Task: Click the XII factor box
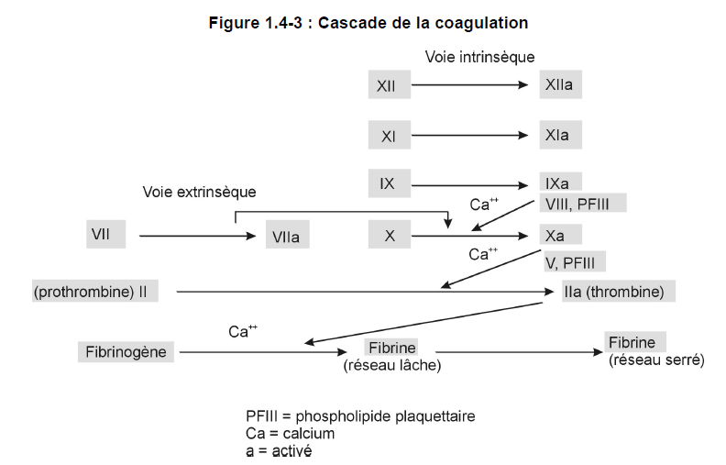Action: click(x=390, y=84)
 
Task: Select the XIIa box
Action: click(x=561, y=84)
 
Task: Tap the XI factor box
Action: click(x=390, y=135)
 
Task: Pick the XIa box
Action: click(x=561, y=135)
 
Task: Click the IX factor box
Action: click(x=390, y=183)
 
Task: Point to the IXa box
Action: click(x=561, y=183)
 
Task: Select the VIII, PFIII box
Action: click(x=583, y=203)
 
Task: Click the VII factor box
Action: click(x=106, y=235)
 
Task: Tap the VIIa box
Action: click(x=288, y=235)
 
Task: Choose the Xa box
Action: click(x=561, y=235)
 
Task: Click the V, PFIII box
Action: click(x=575, y=261)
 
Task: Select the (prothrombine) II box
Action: click(x=95, y=291)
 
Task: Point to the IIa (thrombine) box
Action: click(x=619, y=291)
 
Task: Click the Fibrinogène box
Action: click(x=126, y=352)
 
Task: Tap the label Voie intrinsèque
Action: click(x=479, y=57)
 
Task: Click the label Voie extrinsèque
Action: click(x=199, y=192)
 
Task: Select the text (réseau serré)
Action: click(x=656, y=360)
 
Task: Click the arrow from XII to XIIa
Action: click(x=469, y=84)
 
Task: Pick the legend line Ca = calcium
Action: click(x=291, y=434)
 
